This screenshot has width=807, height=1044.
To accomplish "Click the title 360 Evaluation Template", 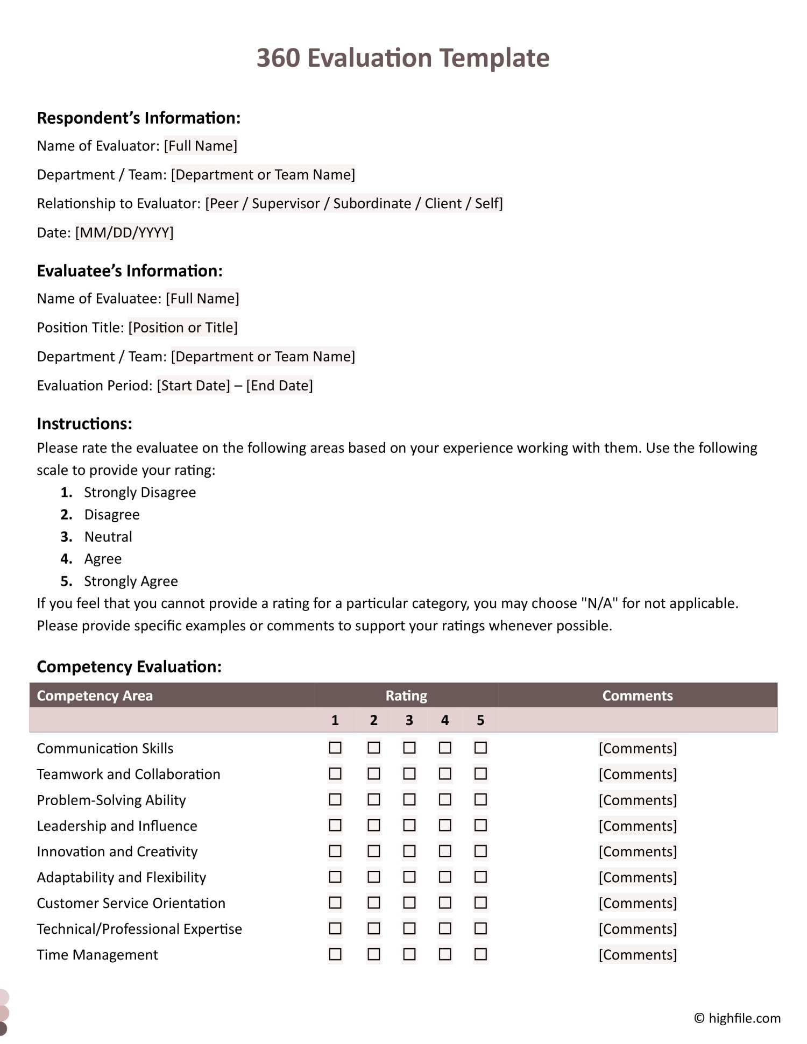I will (x=402, y=58).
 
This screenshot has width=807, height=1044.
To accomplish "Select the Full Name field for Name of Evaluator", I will (x=201, y=146).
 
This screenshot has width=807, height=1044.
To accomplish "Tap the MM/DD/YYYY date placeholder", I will (x=124, y=232).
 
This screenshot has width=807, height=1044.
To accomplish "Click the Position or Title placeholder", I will (x=183, y=328).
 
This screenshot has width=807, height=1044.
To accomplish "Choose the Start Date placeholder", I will (x=193, y=386).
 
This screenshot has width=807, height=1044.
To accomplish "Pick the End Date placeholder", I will (x=279, y=386).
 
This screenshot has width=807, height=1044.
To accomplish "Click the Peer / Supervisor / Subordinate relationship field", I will (x=353, y=203).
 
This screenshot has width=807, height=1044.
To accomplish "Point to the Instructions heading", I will (x=84, y=424).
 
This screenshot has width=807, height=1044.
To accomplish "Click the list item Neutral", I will (x=108, y=537).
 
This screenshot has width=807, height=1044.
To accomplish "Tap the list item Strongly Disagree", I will (x=140, y=492).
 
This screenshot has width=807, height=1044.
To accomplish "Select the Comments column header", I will (x=637, y=695).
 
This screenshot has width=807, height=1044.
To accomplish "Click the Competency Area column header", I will (x=95, y=695).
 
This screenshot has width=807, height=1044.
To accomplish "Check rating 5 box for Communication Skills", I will (x=480, y=748).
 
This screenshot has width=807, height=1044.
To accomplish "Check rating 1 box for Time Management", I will (x=335, y=954).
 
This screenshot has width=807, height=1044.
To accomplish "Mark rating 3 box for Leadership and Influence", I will (x=409, y=825).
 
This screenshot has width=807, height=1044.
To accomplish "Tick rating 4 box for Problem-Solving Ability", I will (x=445, y=799).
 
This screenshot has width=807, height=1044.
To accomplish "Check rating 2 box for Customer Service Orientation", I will (x=373, y=903).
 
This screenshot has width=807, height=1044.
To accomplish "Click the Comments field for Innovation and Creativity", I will (x=638, y=851).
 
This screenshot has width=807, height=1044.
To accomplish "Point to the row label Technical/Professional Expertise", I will (x=139, y=929).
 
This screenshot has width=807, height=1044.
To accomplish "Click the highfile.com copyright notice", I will (x=737, y=1018).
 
